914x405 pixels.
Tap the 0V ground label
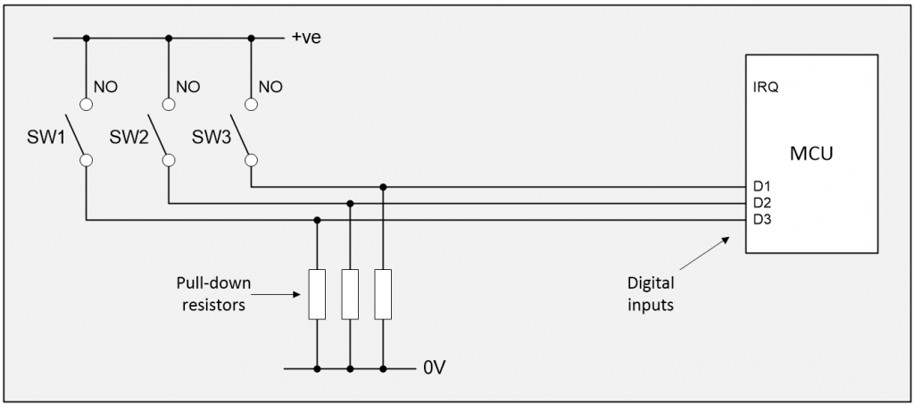coord(434,367)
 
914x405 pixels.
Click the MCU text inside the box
coord(811,154)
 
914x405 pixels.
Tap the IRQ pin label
coord(766,89)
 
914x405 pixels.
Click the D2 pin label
coord(760,204)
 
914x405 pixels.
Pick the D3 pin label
coord(760,220)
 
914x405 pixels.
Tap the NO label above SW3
coord(271,87)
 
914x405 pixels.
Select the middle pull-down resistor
coord(350,293)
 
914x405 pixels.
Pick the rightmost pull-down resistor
coord(383,293)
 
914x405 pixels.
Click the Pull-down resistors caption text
coord(213,292)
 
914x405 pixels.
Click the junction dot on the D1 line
coord(383,187)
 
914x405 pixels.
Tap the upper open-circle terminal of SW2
coord(168,104)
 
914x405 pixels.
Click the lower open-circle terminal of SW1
coord(86,161)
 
